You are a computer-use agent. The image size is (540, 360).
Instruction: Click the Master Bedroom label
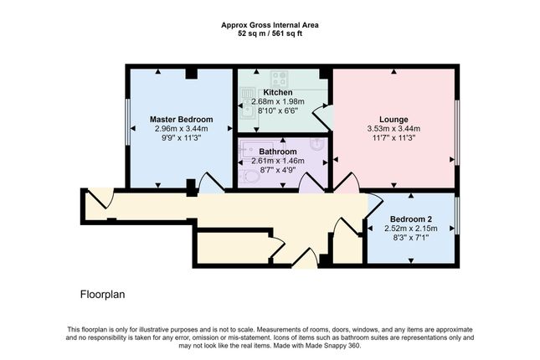point(181,119)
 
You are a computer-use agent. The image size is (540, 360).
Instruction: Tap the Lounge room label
point(393,119)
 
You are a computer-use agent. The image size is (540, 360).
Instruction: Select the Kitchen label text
point(278,92)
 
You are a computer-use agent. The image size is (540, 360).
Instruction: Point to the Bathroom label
point(278,152)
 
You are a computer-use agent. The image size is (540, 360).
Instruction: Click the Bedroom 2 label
point(411,219)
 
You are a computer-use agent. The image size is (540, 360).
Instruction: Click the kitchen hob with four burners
point(279,79)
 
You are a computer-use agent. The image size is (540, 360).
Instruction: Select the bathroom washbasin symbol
point(316,144)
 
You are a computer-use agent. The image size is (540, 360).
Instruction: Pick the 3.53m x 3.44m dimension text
point(393,129)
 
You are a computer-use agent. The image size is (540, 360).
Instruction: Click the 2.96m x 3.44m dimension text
point(181,129)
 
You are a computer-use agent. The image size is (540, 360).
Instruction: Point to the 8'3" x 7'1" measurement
point(411,238)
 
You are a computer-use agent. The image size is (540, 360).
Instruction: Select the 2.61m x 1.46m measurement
point(278,161)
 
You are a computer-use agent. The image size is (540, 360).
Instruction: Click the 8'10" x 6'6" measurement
point(278,111)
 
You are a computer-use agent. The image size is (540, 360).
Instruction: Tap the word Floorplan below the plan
point(103,295)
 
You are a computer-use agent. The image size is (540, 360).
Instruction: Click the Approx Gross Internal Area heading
point(270,25)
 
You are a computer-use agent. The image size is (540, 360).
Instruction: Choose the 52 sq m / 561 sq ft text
point(270,33)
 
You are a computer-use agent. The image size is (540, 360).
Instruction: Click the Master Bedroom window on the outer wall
point(127,122)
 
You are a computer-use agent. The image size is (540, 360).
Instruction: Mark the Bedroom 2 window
point(457,215)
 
